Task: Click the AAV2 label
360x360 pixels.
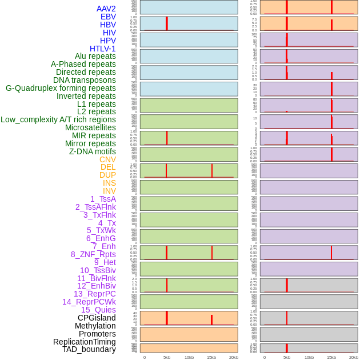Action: pyautogui.click(x=106, y=9)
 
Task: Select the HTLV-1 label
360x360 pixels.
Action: pyautogui.click(x=102, y=49)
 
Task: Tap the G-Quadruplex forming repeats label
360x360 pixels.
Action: pyautogui.click(x=61, y=88)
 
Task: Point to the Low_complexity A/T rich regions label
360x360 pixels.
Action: pyautogui.click(x=58, y=119)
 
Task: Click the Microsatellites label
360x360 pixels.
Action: pyautogui.click(x=90, y=127)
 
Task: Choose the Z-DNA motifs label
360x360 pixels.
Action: pyautogui.click(x=93, y=151)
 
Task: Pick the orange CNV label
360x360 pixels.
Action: pyautogui.click(x=107, y=159)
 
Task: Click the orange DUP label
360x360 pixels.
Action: pyautogui.click(x=107, y=175)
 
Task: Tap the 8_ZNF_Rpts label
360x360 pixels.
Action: pyautogui.click(x=93, y=254)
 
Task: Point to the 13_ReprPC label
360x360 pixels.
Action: pyautogui.click(x=94, y=294)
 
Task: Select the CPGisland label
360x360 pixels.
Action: pyautogui.click(x=97, y=318)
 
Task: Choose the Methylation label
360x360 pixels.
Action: pyautogui.click(x=95, y=326)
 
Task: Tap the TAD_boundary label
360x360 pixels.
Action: pyautogui.click(x=89, y=349)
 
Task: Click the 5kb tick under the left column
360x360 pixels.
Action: pyautogui.click(x=167, y=357)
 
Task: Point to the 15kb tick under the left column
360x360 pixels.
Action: pyautogui.click(x=211, y=357)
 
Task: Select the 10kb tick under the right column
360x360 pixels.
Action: pyautogui.click(x=309, y=357)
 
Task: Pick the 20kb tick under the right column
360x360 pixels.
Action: pyautogui.click(x=354, y=357)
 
